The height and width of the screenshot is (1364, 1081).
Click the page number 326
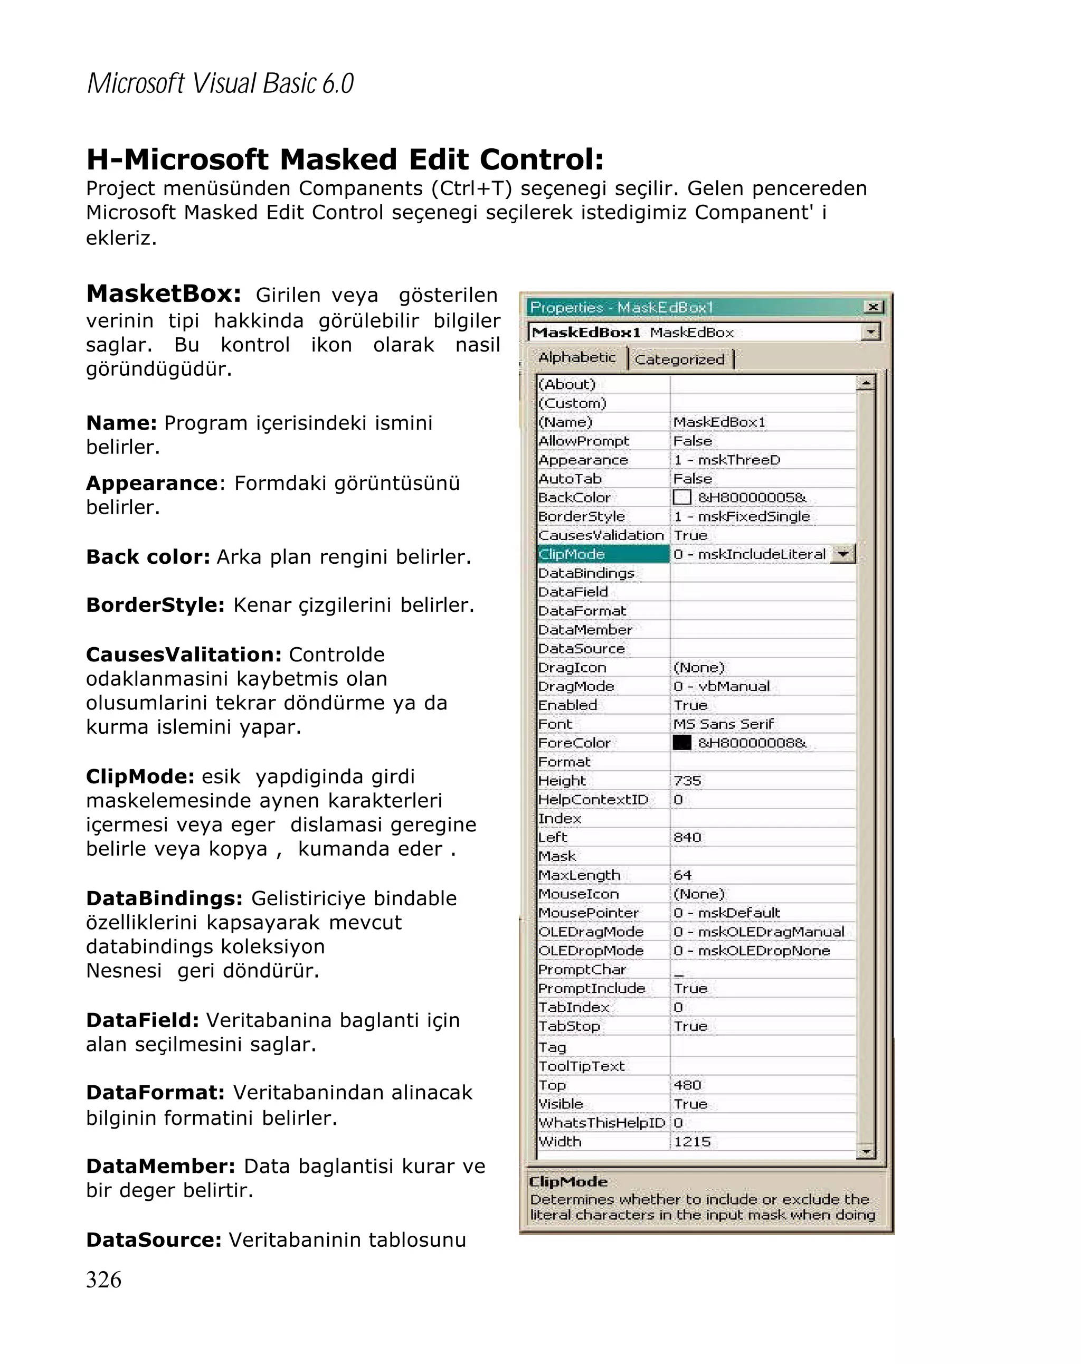click(x=104, y=1278)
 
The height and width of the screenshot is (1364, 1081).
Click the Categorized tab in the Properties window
click(x=679, y=359)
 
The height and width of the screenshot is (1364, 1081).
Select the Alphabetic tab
click(x=576, y=357)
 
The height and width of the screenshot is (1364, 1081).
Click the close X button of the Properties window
click(x=873, y=307)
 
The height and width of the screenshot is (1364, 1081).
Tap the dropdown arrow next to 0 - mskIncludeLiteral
click(x=842, y=554)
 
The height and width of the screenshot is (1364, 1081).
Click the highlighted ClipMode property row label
click(x=571, y=554)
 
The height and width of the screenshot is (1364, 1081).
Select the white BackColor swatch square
click(x=681, y=497)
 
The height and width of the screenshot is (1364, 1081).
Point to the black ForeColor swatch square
click(x=681, y=743)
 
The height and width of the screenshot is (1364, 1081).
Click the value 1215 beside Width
click(x=692, y=1141)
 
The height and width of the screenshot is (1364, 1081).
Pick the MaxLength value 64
click(x=682, y=875)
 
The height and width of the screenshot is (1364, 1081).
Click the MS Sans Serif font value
click(x=723, y=724)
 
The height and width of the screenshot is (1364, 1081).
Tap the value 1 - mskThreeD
click(x=726, y=460)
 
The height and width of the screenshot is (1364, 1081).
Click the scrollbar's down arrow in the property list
click(x=865, y=1151)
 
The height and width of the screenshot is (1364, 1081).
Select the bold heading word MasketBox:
click(x=163, y=294)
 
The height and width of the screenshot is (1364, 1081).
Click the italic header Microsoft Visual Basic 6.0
click(x=220, y=83)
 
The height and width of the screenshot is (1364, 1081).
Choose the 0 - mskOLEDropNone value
click(x=751, y=950)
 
